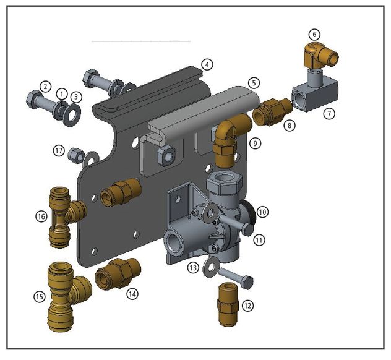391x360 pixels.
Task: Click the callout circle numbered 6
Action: (x=314, y=35)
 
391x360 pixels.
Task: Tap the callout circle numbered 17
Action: (x=59, y=151)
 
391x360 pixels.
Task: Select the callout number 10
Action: (x=262, y=212)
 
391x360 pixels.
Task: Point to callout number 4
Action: (x=207, y=65)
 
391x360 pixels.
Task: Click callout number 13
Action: (x=193, y=268)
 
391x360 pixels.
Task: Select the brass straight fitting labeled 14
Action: (x=118, y=273)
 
